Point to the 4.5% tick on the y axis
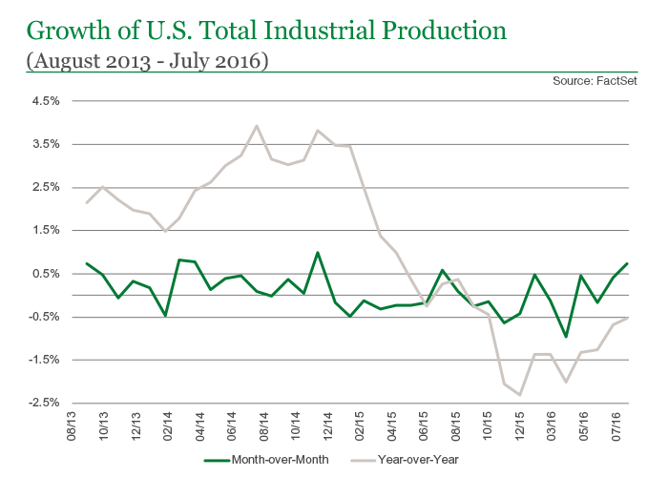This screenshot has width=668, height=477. tap(47, 100)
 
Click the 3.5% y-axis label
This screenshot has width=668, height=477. tap(47, 144)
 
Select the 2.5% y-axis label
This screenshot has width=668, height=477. tap(47, 187)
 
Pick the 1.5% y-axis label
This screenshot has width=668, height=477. tap(47, 230)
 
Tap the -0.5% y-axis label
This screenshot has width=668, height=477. tap(45, 317)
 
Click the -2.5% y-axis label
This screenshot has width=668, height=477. tap(45, 404)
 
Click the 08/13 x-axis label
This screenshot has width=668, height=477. tap(73, 426)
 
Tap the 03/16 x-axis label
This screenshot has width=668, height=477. tap(554, 426)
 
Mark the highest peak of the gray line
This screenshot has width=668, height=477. tap(256, 126)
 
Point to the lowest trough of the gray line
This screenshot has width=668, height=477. tap(520, 395)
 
